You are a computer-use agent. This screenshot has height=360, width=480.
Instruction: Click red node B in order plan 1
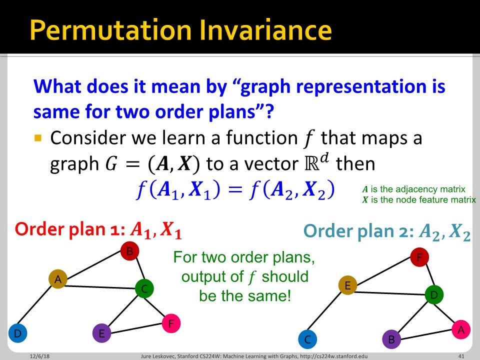(129, 251)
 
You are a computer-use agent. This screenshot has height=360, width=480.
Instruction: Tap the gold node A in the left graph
(58, 279)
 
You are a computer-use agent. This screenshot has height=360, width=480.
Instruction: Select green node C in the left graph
(144, 288)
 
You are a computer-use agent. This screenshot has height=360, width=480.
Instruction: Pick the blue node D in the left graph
(17, 333)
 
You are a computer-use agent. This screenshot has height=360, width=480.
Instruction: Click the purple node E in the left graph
(101, 333)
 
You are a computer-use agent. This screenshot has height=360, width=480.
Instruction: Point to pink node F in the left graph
(170, 323)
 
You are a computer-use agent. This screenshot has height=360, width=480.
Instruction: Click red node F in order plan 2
(419, 257)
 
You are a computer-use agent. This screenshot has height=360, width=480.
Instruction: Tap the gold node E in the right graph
(347, 285)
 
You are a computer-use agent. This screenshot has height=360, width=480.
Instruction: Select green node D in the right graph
(433, 294)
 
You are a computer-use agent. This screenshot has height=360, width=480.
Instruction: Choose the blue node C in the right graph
(307, 339)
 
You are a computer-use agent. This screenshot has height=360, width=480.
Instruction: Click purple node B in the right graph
(391, 339)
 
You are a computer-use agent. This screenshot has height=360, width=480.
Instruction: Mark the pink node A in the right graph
(460, 329)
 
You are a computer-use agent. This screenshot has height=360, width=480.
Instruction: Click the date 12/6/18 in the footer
(34, 356)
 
